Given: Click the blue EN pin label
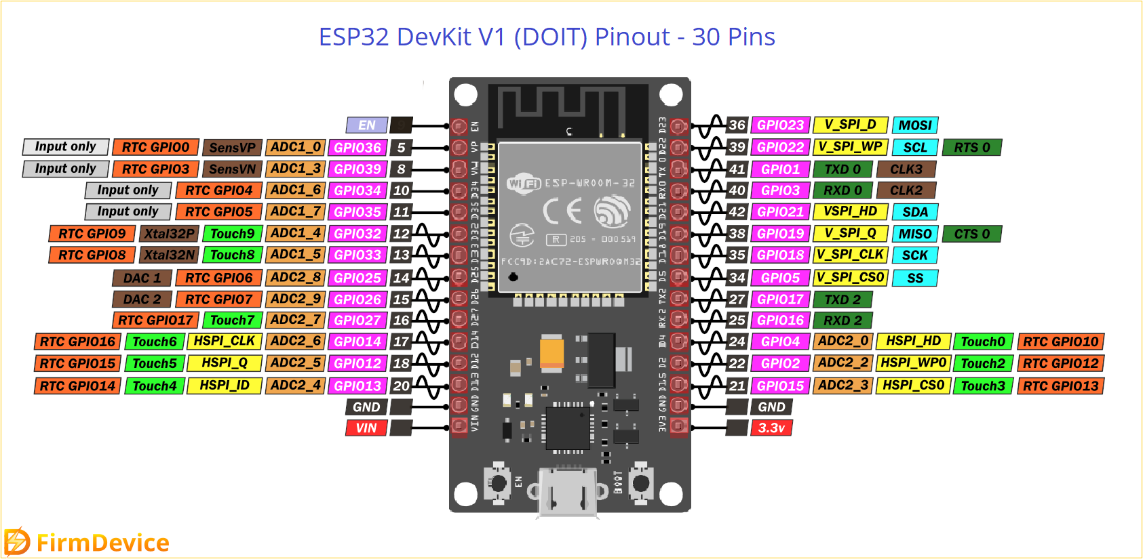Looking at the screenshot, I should tap(366, 125).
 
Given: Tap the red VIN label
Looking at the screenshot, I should tap(366, 428).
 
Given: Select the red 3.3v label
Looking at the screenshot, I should tap(771, 428).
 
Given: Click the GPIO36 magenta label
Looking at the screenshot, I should tap(357, 148).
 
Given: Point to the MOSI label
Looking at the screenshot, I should tap(915, 125).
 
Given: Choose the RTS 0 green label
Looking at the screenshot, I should tap(972, 148).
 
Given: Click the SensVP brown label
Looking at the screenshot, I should tap(232, 148).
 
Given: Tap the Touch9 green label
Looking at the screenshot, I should tap(232, 234).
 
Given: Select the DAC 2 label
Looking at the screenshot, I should tap(142, 299).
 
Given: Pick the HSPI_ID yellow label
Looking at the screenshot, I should tap(225, 386).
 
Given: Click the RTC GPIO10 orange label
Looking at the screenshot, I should tap(1060, 342).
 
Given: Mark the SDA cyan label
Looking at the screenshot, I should tap(915, 212).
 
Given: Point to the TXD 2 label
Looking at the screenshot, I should tap(842, 299).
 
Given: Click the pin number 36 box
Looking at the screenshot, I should tap(737, 125).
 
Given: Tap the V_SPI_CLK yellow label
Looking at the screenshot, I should tap(850, 255).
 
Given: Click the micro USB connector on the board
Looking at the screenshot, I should tap(568, 493).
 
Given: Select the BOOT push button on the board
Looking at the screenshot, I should tap(640, 483).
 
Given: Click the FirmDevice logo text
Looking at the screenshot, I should tap(102, 543).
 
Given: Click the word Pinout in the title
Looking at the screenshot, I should tap(632, 37).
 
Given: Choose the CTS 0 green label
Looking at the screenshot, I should tap(972, 234).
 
